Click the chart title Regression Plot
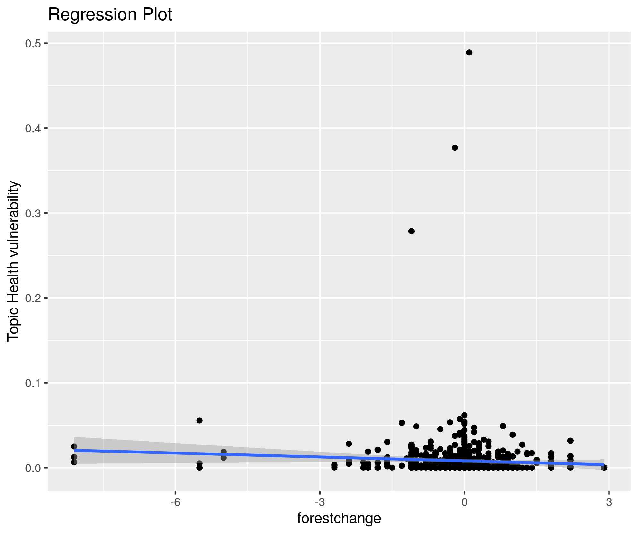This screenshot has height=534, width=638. click(x=110, y=15)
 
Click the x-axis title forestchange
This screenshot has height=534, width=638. click(x=339, y=518)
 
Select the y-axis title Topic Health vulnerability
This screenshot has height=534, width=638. click(x=13, y=261)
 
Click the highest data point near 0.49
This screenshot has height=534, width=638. click(x=469, y=53)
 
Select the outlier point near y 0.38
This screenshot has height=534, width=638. click(x=455, y=148)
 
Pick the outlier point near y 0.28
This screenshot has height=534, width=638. click(x=411, y=231)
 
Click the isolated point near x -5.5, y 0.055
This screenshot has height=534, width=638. click(x=199, y=420)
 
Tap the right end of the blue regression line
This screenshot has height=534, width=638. click(x=604, y=464)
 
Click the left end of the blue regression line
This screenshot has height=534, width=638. click(x=74, y=450)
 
